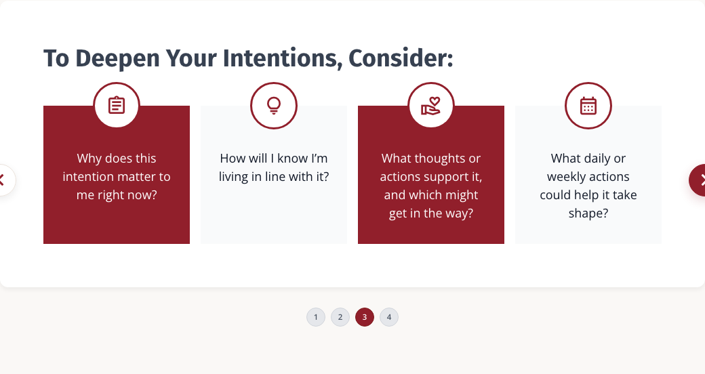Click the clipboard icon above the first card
pyautogui.click(x=117, y=105)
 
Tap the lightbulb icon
pyautogui.click(x=274, y=106)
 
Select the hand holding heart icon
pyautogui.click(x=430, y=106)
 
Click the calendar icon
pyautogui.click(x=588, y=106)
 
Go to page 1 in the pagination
pyautogui.click(x=316, y=317)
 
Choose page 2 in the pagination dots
pyautogui.click(x=340, y=317)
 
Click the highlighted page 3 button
pyautogui.click(x=364, y=317)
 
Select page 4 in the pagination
pyautogui.click(x=389, y=317)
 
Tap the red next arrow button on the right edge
pyautogui.click(x=698, y=180)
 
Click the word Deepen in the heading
pyautogui.click(x=117, y=59)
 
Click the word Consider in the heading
pyautogui.click(x=401, y=58)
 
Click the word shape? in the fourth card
pyautogui.click(x=588, y=213)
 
